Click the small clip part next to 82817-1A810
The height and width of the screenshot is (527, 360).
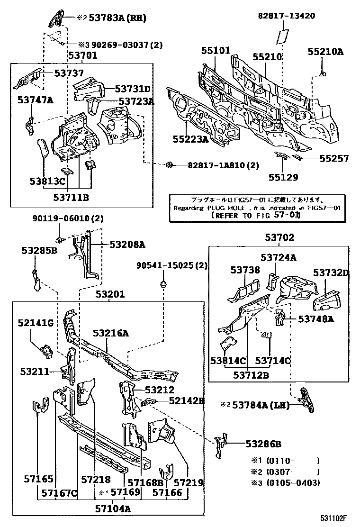pyautogui.click(x=169, y=165)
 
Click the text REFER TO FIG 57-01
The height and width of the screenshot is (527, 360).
pyautogui.click(x=255, y=215)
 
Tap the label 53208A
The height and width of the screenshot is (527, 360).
pyautogui.click(x=127, y=245)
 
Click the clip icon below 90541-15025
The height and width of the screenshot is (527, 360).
pyautogui.click(x=163, y=284)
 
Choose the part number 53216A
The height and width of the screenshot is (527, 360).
pyautogui.click(x=110, y=333)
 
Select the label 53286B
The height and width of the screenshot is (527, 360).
pyautogui.click(x=263, y=444)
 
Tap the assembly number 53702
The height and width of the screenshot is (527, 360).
pyautogui.click(x=279, y=237)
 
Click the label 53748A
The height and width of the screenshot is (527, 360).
pyautogui.click(x=315, y=319)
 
